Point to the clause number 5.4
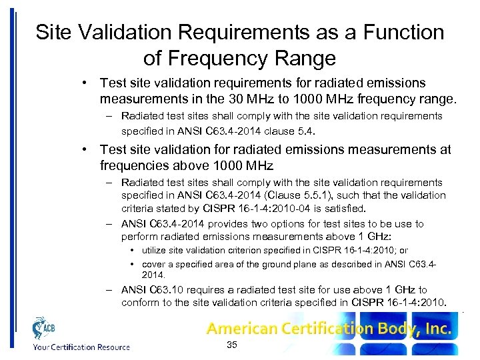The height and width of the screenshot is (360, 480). [x=304, y=131]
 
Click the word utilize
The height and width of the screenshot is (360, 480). [x=154, y=251]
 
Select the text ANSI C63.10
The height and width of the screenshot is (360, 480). [x=147, y=290]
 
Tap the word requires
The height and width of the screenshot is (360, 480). [x=197, y=290]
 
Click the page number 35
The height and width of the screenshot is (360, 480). [x=232, y=345]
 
